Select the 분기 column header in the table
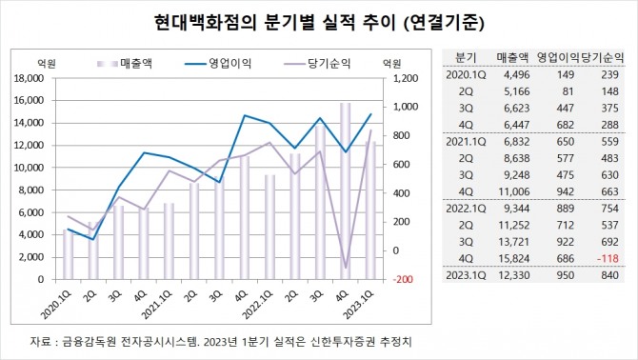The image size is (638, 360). point(467,56)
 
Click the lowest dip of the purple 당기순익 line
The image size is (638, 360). point(346,269)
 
